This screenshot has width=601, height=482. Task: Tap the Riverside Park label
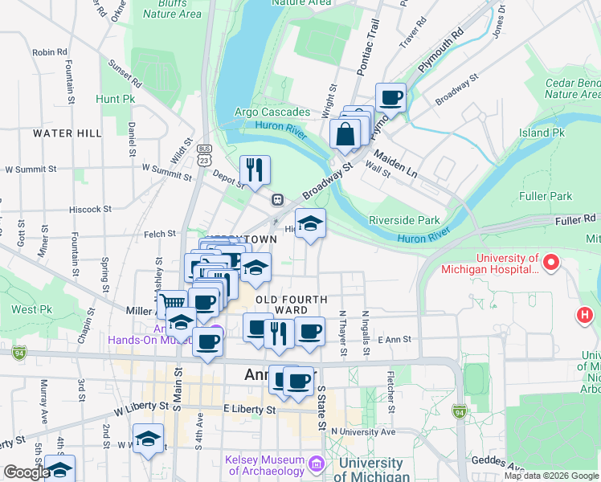404,220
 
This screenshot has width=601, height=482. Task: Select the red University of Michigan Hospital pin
551,262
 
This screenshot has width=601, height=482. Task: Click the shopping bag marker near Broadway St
345,134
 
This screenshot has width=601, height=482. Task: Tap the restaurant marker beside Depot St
255,170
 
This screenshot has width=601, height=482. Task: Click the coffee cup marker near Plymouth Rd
390,98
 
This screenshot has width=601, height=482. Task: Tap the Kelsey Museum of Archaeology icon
316,464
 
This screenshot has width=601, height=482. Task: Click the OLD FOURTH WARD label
292,304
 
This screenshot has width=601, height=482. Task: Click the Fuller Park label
546,196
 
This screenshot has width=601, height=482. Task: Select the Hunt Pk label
115,100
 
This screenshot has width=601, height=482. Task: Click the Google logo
26,472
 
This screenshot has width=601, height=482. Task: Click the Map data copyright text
551,476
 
